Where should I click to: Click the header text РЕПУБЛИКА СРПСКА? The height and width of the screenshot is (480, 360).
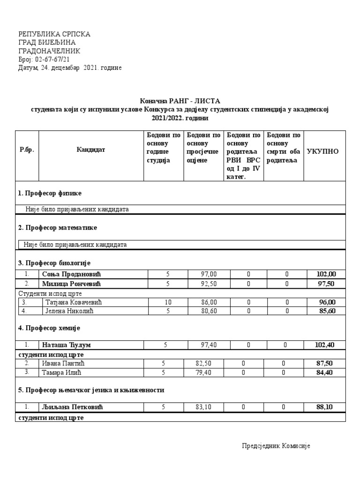pos(54,34)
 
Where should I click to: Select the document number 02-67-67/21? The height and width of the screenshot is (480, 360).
pos(52,60)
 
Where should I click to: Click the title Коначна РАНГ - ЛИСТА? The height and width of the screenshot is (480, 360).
pos(180,101)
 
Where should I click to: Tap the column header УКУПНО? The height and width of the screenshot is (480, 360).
pos(322,152)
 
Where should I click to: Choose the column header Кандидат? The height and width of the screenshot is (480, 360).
pos(91,150)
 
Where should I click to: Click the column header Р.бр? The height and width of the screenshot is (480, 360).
pos(27,150)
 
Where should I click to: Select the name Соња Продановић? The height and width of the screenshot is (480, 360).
pos(71,274)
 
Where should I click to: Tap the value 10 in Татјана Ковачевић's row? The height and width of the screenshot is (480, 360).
pos(168,302)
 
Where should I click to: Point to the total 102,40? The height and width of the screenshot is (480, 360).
pos(325,345)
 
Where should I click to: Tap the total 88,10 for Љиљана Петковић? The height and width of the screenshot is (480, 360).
pos(325,407)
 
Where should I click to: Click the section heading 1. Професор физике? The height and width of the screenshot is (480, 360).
pos(51,193)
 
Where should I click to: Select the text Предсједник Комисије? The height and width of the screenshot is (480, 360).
pos(276,446)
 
